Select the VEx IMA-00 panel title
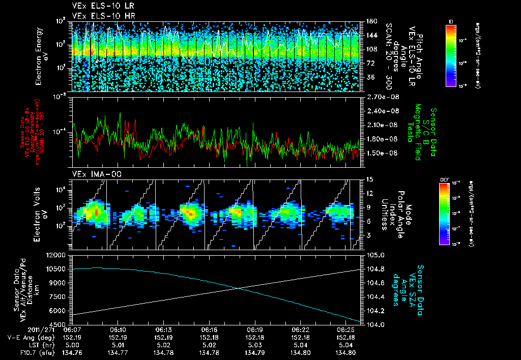pyautogui.click(x=93, y=174)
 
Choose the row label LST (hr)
pyautogui.click(x=26, y=344)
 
